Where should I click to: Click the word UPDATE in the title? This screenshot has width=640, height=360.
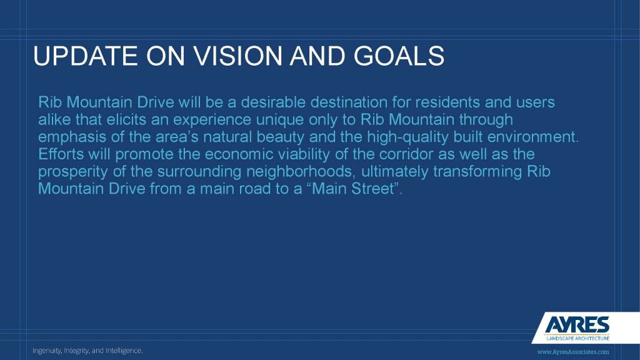tap(85, 56)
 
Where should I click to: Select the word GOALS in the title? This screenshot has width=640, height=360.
tap(399, 56)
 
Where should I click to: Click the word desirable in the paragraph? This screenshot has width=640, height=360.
tap(273, 102)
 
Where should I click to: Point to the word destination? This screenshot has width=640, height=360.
tap(349, 102)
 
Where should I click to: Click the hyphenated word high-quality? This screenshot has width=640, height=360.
tap(407, 137)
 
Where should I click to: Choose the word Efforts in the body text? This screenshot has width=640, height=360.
tap(61, 154)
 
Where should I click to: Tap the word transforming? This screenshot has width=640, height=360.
tap(477, 172)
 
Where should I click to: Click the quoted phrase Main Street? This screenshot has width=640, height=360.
tap(355, 189)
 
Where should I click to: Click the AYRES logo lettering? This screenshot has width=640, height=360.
tap(577, 325)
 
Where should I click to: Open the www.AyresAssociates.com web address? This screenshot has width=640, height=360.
tap(573, 352)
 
